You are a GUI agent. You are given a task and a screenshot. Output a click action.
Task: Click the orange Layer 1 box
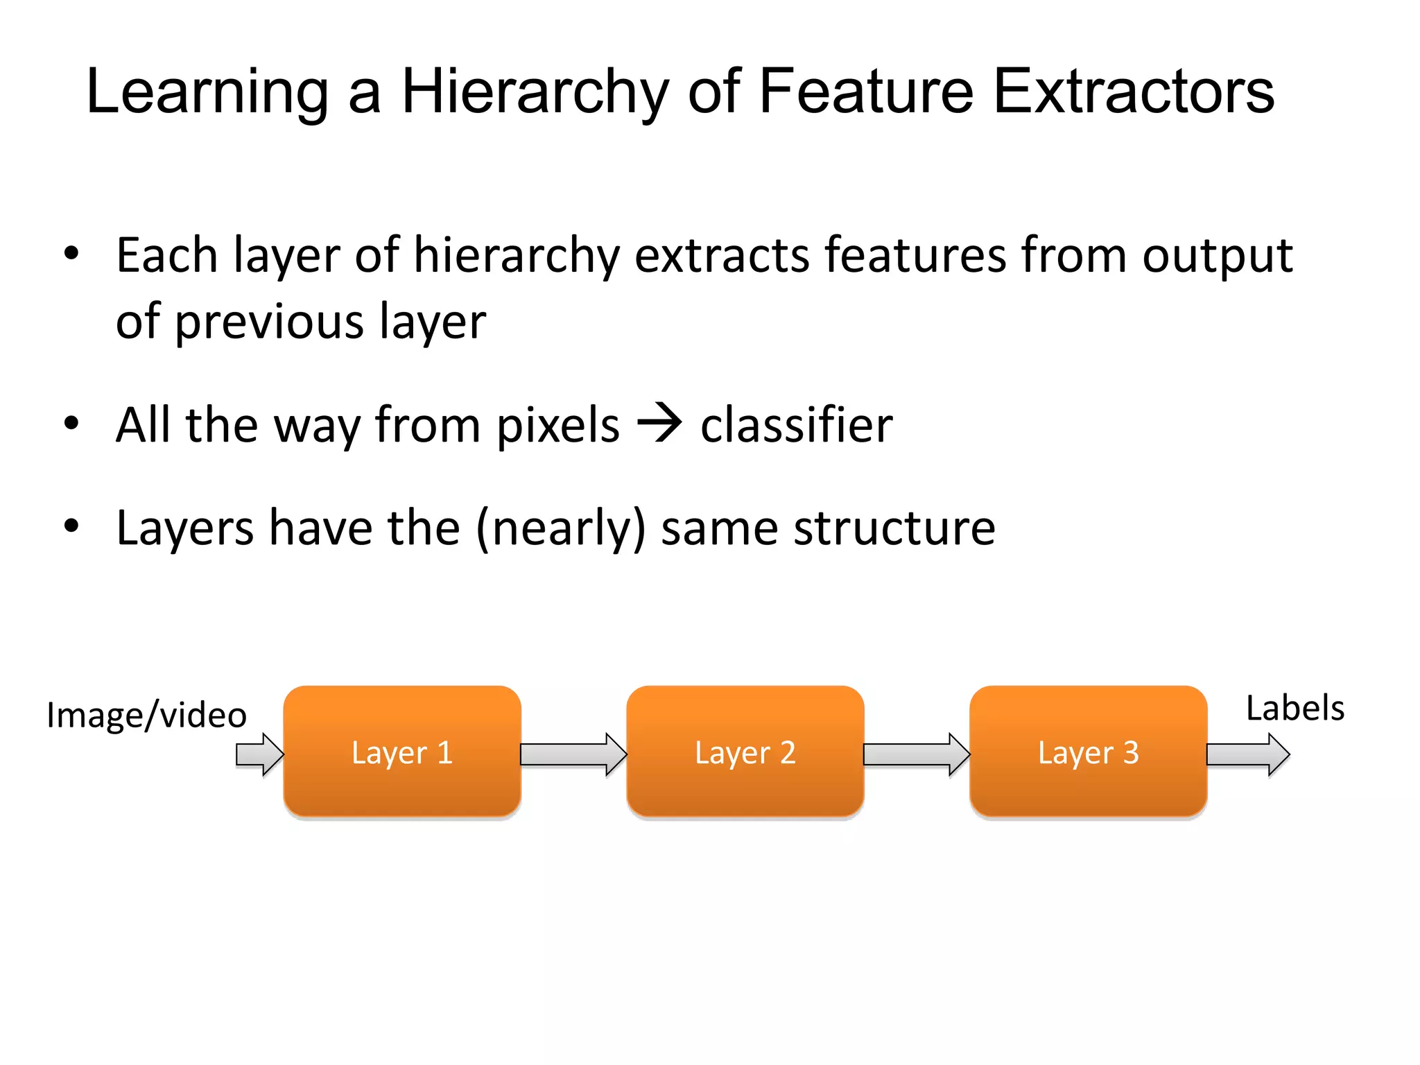click(x=401, y=752)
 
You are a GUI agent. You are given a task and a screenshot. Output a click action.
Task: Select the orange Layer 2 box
click(x=745, y=752)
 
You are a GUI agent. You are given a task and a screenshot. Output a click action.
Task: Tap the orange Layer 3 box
click(x=1088, y=752)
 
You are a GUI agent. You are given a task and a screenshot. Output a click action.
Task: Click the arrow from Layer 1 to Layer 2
click(x=573, y=754)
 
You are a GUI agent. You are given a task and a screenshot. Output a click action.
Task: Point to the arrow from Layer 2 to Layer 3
click(x=916, y=754)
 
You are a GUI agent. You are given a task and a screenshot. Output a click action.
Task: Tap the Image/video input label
click(x=146, y=715)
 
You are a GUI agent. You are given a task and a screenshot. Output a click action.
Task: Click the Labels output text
click(x=1295, y=709)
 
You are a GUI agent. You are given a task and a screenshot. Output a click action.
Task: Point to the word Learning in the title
click(x=207, y=94)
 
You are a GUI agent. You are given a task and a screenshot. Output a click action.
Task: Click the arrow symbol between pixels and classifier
click(x=659, y=423)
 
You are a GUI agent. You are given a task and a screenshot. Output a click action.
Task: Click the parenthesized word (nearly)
click(x=561, y=528)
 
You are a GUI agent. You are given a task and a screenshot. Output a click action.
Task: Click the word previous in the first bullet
click(x=269, y=322)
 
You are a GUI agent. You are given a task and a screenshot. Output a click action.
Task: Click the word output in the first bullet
click(x=1217, y=257)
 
